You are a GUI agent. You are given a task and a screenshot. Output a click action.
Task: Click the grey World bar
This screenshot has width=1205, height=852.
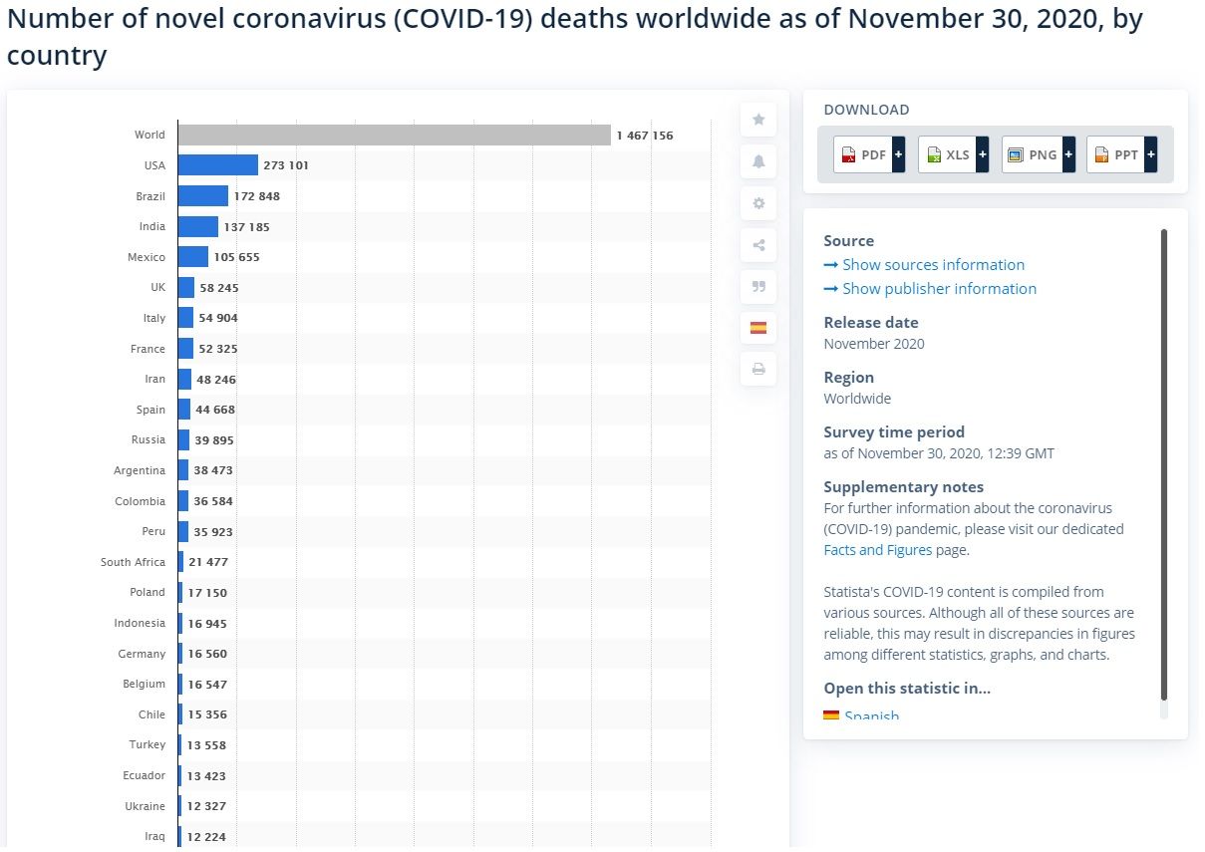[x=394, y=135]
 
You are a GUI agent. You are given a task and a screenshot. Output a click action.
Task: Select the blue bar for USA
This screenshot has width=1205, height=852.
[x=218, y=165]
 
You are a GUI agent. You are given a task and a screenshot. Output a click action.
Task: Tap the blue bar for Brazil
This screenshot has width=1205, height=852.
[x=203, y=196]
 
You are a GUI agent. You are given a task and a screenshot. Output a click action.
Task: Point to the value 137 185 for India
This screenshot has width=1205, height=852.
[x=246, y=227]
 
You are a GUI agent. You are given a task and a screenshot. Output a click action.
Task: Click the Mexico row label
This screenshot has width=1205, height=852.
[x=147, y=257]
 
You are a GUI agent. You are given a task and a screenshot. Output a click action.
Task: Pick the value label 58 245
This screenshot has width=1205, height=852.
[x=219, y=288]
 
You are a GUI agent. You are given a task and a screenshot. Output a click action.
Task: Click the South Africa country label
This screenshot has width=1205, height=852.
[x=133, y=562]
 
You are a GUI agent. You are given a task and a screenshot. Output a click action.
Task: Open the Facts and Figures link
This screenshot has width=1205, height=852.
[x=878, y=550]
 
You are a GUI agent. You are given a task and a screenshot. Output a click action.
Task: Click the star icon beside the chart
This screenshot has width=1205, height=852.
[x=758, y=120]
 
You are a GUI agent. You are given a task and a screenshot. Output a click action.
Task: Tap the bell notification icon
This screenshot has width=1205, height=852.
[x=758, y=161]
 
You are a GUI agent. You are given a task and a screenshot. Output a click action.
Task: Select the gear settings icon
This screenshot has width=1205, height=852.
[x=758, y=203]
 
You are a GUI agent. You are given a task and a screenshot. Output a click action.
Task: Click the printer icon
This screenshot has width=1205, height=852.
[x=758, y=369]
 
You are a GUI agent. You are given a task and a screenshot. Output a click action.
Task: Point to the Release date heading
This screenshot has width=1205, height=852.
[x=871, y=323]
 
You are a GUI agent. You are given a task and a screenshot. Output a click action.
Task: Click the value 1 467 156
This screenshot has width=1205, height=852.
[x=645, y=136]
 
